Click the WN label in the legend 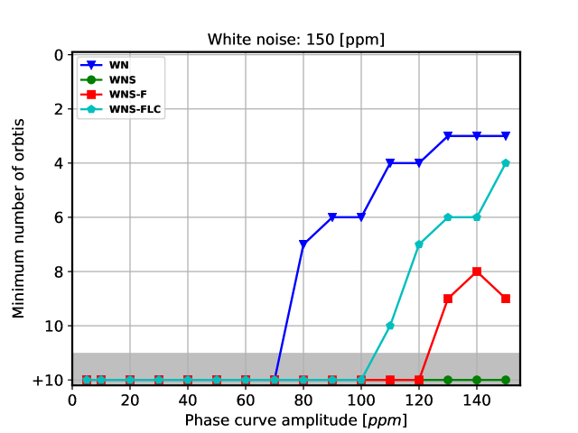pyautogui.click(x=119, y=65)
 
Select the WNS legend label pyautogui.click(x=123, y=80)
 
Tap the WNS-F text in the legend pyautogui.click(x=128, y=95)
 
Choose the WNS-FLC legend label pyautogui.click(x=135, y=110)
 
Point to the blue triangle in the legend pyautogui.click(x=91, y=65)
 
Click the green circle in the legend pyautogui.click(x=91, y=79)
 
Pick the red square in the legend pyautogui.click(x=91, y=95)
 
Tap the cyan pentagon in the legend pyautogui.click(x=91, y=109)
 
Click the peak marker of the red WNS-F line pyautogui.click(x=477, y=272)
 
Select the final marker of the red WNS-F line pyautogui.click(x=506, y=299)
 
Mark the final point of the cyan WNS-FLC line pyautogui.click(x=506, y=163)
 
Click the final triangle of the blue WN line pyautogui.click(x=506, y=136)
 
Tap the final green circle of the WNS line pyautogui.click(x=506, y=380)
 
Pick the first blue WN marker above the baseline pyautogui.click(x=303, y=244)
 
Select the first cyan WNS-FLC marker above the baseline pyautogui.click(x=390, y=326)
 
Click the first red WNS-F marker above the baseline pyautogui.click(x=448, y=299)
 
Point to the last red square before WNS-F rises pyautogui.click(x=419, y=380)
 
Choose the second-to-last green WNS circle pyautogui.click(x=477, y=380)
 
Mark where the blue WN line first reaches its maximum pyautogui.click(x=448, y=136)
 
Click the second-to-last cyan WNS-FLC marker pyautogui.click(x=477, y=217)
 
